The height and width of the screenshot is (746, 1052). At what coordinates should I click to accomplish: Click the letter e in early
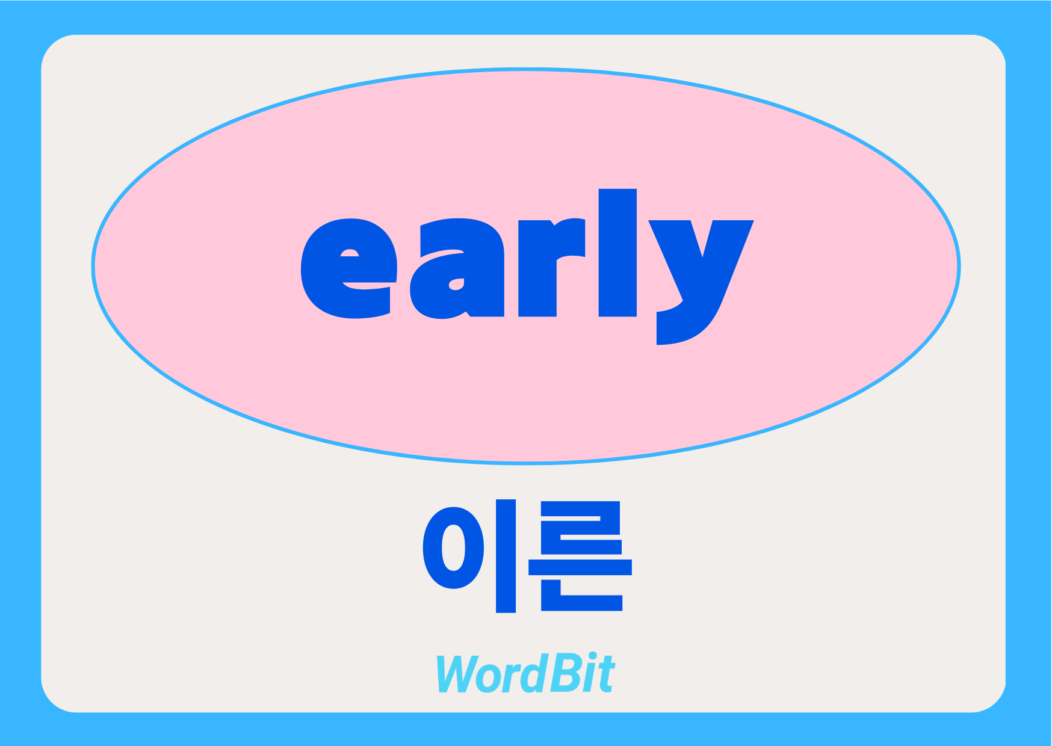[349, 268]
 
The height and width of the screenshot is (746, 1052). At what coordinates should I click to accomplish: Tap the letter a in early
[457, 268]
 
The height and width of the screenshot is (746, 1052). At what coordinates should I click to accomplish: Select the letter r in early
[552, 268]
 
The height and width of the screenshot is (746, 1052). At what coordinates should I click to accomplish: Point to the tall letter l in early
[617, 253]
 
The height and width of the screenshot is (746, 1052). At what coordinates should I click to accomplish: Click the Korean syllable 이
[469, 556]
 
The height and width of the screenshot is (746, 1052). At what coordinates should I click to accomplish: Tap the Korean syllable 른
[580, 556]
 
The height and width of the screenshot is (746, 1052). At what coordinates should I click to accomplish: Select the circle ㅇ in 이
[453, 547]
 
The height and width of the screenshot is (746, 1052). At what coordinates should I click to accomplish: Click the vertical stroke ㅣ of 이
[506, 556]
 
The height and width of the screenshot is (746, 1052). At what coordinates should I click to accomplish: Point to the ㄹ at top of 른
[581, 528]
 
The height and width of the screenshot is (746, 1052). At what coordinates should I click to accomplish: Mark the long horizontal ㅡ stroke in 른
[580, 567]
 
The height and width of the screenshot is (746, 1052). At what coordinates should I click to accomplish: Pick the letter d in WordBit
[533, 673]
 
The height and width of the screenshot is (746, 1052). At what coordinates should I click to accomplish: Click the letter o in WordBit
[489, 678]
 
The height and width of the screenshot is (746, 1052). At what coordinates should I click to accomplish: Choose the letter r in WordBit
[510, 678]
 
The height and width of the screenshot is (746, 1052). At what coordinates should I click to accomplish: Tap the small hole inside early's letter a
[457, 284]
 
